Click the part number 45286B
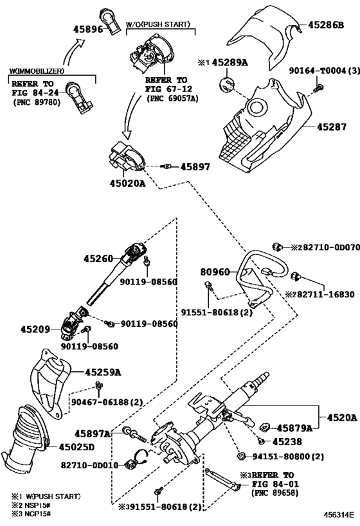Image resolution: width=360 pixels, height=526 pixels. point(326,25)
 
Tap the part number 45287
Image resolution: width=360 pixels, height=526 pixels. point(332,127)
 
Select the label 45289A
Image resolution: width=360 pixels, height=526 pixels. point(230,62)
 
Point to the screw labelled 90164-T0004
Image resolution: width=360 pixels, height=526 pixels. point(318,89)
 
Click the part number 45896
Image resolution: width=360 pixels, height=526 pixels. point(88,29)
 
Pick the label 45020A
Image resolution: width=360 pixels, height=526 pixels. point(128,184)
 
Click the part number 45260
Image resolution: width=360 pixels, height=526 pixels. point(98,259)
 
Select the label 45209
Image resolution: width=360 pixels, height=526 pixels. point(35,329)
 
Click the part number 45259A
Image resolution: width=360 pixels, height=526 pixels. point(103,372)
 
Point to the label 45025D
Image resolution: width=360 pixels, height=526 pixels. point(76,447)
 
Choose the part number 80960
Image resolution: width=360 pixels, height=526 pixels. point(215,272)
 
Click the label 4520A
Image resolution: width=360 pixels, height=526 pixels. point(342,417)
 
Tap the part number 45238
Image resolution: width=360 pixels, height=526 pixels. point(287,441)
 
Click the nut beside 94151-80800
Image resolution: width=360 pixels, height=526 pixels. point(240,456)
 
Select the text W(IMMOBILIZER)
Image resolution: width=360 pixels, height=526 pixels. point(37,71)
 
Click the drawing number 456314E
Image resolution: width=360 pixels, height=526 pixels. point(339,514)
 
